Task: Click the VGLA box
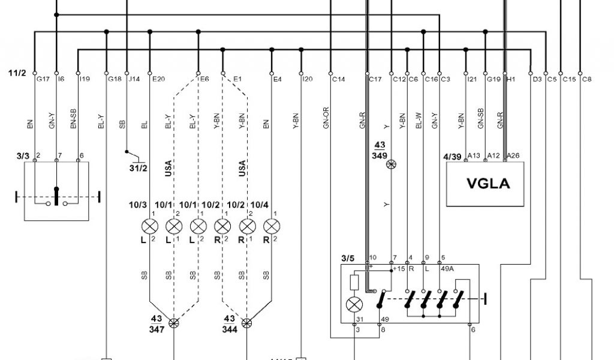[x=487, y=184]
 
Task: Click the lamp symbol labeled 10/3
[x=150, y=227]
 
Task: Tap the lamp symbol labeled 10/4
[x=272, y=227]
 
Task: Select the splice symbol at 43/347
[x=174, y=323]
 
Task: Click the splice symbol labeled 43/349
[x=392, y=164]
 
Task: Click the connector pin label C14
[x=339, y=79]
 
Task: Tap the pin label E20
[x=159, y=79]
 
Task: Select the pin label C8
[x=587, y=79]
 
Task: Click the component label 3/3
[x=23, y=156]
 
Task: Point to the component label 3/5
[x=347, y=259]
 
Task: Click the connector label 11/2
[x=16, y=73]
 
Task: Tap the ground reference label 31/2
[x=138, y=167]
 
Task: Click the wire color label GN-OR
[x=326, y=120]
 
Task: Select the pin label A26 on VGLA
[x=514, y=156]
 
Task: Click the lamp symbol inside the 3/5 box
[x=354, y=304]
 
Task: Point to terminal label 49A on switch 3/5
[x=447, y=269]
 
